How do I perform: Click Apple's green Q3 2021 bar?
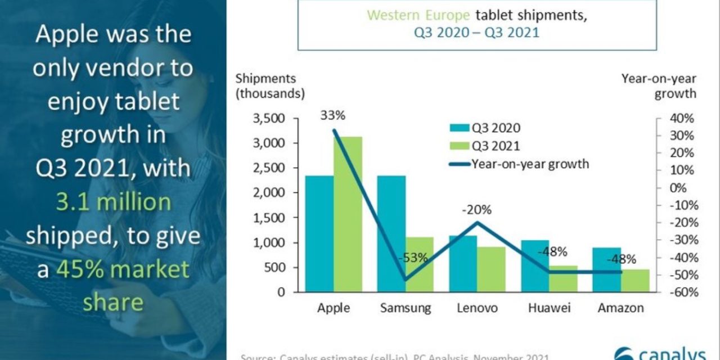tap(348, 214)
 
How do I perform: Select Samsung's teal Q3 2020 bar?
tap(391, 233)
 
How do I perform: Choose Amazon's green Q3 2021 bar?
tap(635, 280)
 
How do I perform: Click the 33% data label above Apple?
tap(333, 116)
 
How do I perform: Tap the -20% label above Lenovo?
tap(476, 210)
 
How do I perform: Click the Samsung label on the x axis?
tap(405, 308)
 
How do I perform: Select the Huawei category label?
tap(549, 308)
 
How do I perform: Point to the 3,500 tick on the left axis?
tap(270, 119)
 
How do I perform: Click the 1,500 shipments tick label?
tap(270, 218)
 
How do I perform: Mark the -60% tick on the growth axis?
tap(680, 292)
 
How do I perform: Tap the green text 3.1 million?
tap(113, 202)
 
